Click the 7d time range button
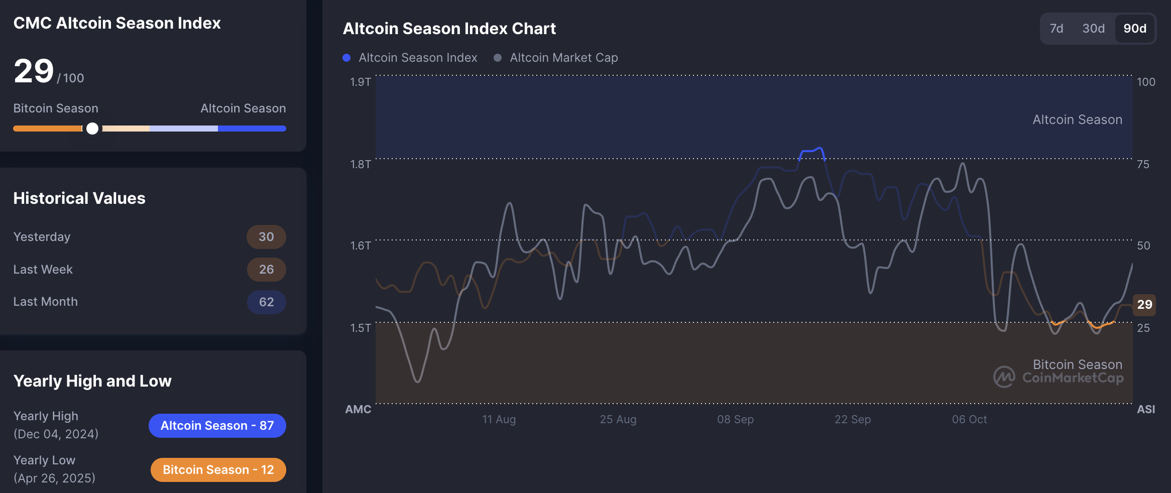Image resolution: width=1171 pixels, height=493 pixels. pyautogui.click(x=1057, y=29)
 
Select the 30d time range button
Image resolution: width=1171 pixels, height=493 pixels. pyautogui.click(x=1093, y=29)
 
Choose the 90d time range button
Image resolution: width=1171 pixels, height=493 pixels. pyautogui.click(x=1135, y=29)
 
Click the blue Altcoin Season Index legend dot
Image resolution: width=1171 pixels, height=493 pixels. pyautogui.click(x=346, y=58)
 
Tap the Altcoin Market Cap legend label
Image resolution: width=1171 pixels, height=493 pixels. pyautogui.click(x=563, y=58)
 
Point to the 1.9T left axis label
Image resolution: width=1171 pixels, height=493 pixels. pyautogui.click(x=360, y=82)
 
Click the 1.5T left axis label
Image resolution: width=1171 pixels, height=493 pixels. pyautogui.click(x=360, y=328)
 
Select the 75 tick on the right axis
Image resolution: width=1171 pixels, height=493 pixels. pyautogui.click(x=1143, y=164)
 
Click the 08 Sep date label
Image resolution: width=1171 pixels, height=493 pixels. pyautogui.click(x=735, y=419)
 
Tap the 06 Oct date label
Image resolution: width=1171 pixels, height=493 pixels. pyautogui.click(x=969, y=419)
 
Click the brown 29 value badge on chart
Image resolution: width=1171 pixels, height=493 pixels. pyautogui.click(x=1144, y=304)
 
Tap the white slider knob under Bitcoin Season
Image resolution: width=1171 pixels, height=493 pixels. pyautogui.click(x=92, y=129)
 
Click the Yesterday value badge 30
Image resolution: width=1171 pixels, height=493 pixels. pyautogui.click(x=266, y=237)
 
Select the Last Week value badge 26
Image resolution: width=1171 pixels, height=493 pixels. pyautogui.click(x=266, y=270)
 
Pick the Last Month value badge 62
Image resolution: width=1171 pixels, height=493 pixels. pyautogui.click(x=266, y=302)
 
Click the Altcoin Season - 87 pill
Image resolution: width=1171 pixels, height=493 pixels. pyautogui.click(x=217, y=426)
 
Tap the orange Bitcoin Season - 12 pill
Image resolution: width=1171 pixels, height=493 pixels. pyautogui.click(x=218, y=470)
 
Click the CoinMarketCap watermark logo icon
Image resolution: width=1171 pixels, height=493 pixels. pyautogui.click(x=1004, y=377)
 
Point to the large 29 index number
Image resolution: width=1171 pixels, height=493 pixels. pyautogui.click(x=34, y=71)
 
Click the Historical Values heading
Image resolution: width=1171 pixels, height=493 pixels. pyautogui.click(x=79, y=198)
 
